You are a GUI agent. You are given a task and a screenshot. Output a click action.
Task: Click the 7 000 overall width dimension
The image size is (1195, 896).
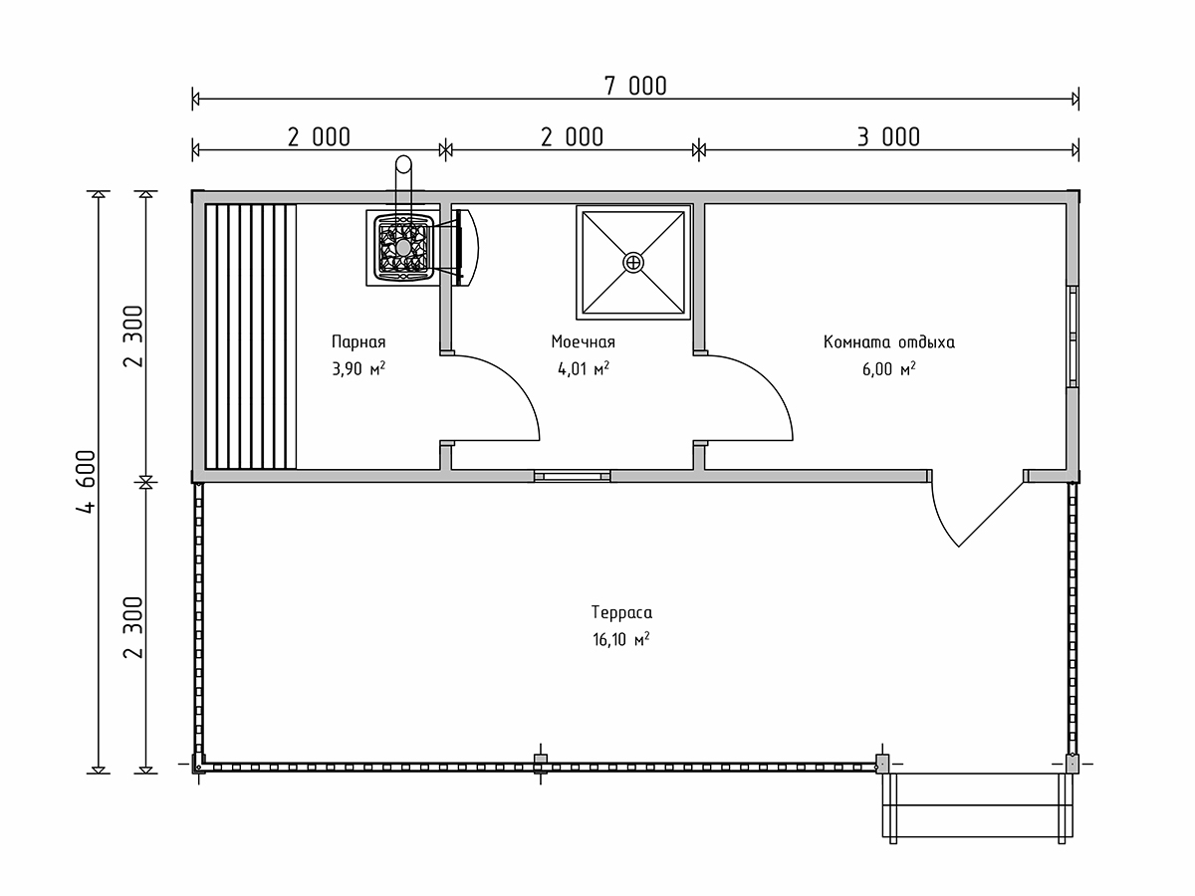point(635,86)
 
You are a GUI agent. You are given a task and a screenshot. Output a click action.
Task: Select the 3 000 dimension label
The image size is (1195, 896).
point(888,137)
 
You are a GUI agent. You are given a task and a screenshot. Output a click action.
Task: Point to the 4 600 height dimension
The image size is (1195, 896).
point(87,481)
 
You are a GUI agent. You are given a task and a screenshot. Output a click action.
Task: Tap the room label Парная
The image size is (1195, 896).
point(358,342)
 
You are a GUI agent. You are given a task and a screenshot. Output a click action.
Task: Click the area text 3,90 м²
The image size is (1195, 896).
point(358,368)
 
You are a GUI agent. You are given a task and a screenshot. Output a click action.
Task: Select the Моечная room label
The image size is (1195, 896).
point(584,342)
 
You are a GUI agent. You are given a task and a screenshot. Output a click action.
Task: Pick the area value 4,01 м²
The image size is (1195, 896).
point(584,368)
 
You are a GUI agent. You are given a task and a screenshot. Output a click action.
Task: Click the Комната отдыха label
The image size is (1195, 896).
point(889,342)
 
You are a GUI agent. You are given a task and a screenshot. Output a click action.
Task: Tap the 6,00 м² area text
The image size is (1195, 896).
point(889,368)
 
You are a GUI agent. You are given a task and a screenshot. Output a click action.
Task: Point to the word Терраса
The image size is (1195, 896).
point(621,613)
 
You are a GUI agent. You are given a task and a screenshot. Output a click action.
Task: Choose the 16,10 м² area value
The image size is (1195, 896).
point(621,640)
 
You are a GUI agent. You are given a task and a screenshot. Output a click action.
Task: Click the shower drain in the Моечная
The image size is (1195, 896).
point(633,263)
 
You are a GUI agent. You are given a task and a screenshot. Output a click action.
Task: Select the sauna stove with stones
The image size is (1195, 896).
point(403,248)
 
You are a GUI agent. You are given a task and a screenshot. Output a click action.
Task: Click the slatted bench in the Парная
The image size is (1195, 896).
point(251,336)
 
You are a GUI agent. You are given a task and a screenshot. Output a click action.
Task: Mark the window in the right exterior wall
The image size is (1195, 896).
point(1073,336)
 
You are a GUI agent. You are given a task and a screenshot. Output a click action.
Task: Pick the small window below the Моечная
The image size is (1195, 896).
point(573,476)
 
